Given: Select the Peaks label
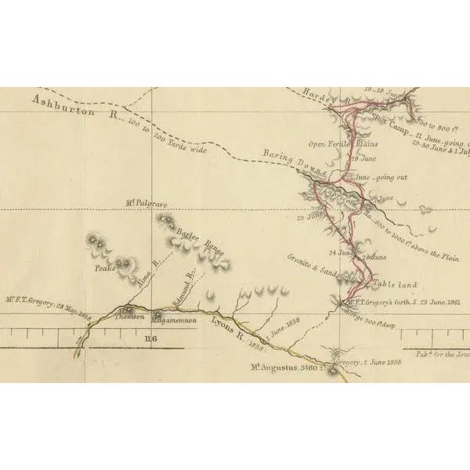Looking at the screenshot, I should [x=105, y=267].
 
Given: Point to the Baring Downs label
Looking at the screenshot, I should [x=288, y=157].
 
